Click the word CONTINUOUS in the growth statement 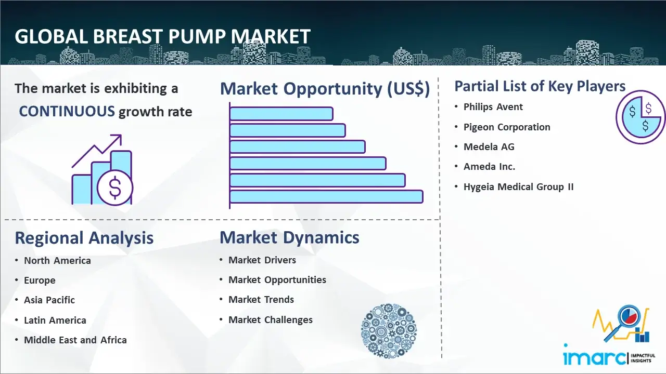tap(67, 112)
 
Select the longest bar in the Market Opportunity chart tap(326, 197)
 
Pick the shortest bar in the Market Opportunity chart tap(281, 114)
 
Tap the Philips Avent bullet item tap(493, 107)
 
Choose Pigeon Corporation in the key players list tap(507, 127)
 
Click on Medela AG tap(489, 146)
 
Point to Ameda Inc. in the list tap(490, 167)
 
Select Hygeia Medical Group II tap(519, 186)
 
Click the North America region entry tap(57, 260)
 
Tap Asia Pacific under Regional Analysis tap(49, 300)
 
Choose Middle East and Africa tap(75, 340)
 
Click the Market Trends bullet tap(261, 300)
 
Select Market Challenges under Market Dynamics tap(271, 319)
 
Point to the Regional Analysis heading tap(84, 238)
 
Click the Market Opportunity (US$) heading tap(325, 89)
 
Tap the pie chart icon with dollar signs tap(640, 117)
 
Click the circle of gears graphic tap(389, 331)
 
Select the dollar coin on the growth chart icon tap(115, 188)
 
